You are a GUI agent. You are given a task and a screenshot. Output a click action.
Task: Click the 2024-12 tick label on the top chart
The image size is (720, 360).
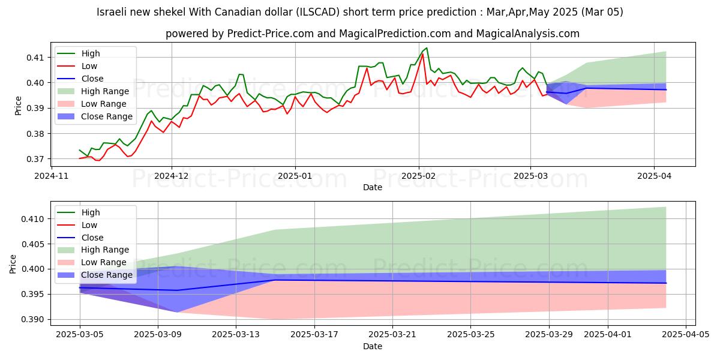tap(172, 176)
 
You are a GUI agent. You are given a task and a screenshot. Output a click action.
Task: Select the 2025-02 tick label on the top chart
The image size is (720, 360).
tap(418, 176)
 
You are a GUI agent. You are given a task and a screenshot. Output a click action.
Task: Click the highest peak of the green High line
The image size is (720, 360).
tap(426, 48)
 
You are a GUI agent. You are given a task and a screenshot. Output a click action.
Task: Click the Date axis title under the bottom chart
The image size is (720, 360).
tap(373, 347)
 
